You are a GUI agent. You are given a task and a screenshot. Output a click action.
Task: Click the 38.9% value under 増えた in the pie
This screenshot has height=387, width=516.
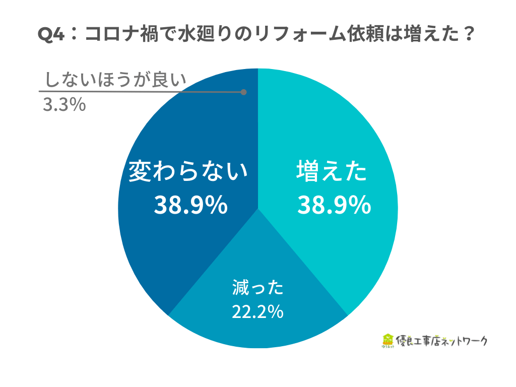(x=334, y=205)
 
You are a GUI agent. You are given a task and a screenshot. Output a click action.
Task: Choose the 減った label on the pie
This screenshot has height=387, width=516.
(x=257, y=288)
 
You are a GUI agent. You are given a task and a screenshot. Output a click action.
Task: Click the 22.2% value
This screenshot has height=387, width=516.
(x=257, y=312)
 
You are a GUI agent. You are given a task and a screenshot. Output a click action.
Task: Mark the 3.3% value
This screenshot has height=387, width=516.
(x=63, y=105)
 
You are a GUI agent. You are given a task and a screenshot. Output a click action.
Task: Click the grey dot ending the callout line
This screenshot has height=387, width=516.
(x=244, y=92)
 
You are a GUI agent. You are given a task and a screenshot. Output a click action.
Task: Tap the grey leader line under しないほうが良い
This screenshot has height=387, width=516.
(x=141, y=92)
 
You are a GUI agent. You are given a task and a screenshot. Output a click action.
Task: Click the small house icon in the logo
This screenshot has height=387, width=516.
(x=388, y=341)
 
